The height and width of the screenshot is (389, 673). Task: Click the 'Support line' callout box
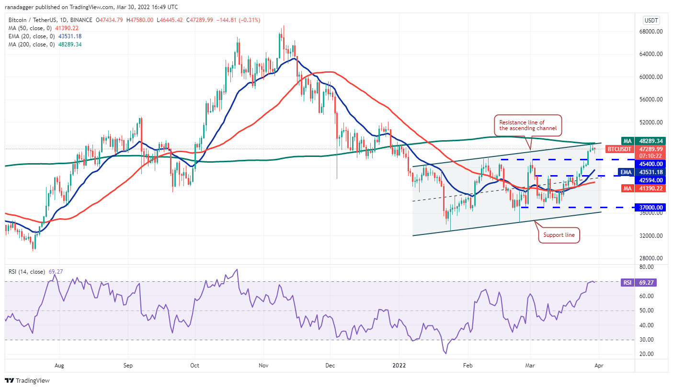click(559, 235)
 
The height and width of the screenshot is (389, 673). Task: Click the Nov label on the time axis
click(262, 365)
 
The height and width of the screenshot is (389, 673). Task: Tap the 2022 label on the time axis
click(399, 365)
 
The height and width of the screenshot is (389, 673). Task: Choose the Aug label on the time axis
click(59, 365)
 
